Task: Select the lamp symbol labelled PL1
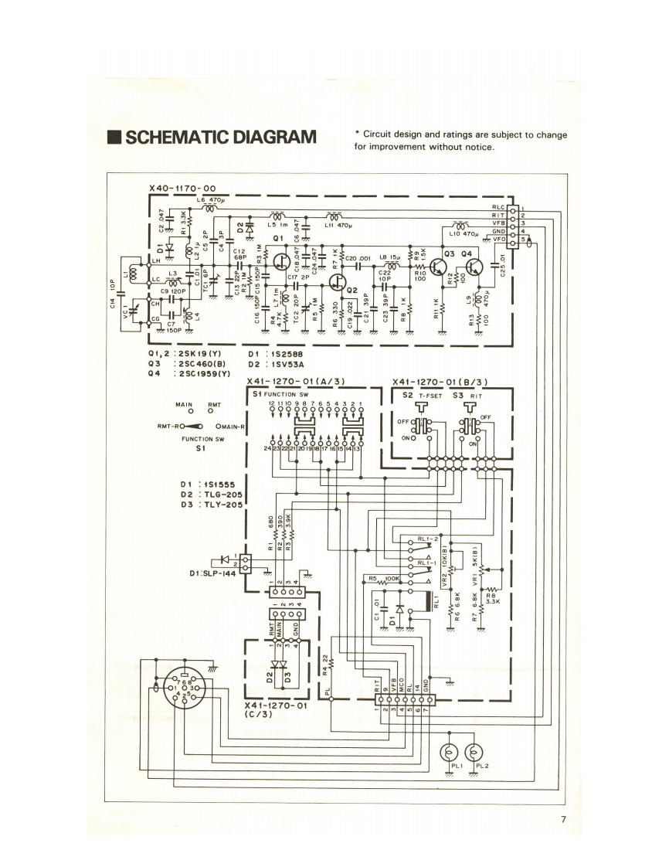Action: coord(450,752)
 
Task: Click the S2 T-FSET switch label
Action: coord(424,394)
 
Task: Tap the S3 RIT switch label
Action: coord(467,394)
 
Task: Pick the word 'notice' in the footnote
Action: coord(477,147)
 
